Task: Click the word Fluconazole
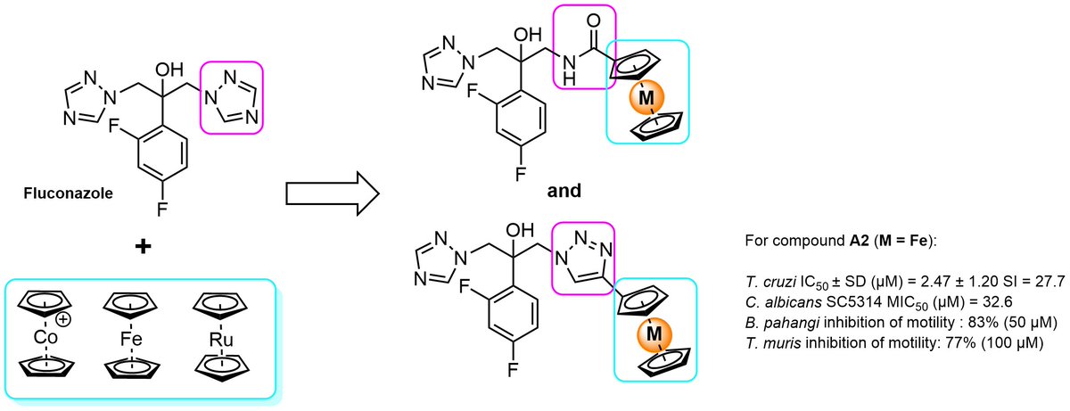[69, 193]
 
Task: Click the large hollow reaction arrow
[333, 193]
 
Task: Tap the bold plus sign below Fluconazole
[143, 246]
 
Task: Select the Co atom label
[45, 338]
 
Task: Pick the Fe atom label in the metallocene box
[131, 339]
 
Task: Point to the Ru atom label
[221, 340]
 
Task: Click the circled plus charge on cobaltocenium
[63, 319]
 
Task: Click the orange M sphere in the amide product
[646, 97]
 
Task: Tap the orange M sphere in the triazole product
[654, 333]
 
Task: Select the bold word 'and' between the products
[564, 191]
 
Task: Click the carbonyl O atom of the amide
[593, 21]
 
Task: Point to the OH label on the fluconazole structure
[169, 70]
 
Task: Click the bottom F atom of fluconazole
[162, 210]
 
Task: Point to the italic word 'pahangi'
[792, 323]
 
